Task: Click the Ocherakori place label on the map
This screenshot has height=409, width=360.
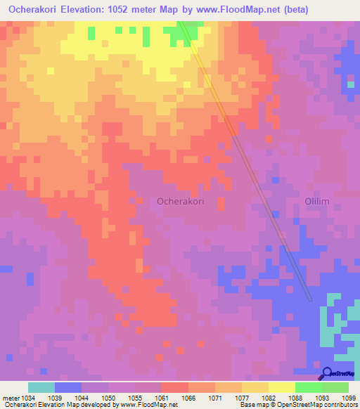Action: click(181, 201)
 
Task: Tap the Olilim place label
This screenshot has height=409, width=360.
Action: click(316, 202)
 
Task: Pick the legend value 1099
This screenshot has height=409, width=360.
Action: click(348, 397)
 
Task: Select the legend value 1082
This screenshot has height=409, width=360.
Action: click(269, 397)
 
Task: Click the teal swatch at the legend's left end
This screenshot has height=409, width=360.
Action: click(41, 387)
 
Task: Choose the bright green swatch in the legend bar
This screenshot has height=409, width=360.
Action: click(308, 387)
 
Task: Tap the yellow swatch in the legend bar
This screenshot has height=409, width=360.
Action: click(281, 387)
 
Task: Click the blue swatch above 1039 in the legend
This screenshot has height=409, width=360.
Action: click(68, 387)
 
